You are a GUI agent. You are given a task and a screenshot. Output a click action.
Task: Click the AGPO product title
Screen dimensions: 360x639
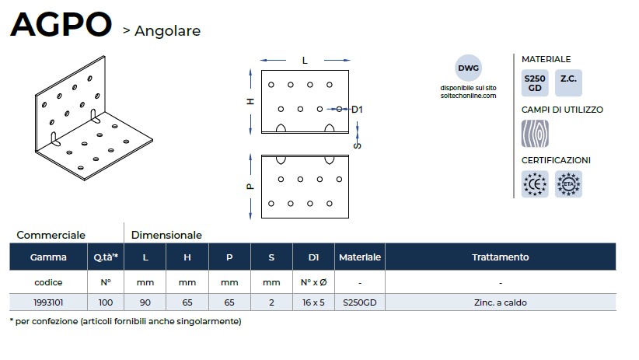coord(61,25)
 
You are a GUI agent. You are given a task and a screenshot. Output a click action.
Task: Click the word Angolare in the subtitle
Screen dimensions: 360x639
coord(167,31)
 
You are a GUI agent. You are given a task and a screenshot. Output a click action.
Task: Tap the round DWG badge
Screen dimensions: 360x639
coord(468,68)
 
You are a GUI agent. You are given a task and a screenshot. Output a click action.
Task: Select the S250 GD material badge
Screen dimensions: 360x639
coord(534,83)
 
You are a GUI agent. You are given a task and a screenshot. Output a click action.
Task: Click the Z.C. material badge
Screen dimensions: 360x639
coord(568,79)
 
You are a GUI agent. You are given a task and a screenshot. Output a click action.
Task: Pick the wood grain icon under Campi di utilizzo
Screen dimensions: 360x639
coord(534,133)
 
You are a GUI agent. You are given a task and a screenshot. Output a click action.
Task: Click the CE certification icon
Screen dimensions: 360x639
coord(534,183)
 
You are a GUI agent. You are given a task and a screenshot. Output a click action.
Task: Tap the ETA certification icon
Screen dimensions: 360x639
coord(568,183)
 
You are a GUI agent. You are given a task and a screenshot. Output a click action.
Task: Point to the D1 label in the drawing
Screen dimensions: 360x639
coord(357,110)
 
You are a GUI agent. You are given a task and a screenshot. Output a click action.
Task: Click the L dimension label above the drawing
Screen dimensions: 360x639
coord(304,60)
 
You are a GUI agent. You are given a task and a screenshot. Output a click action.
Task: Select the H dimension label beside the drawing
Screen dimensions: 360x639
coord(250,102)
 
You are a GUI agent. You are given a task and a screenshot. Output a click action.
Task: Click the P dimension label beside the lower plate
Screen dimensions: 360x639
coord(250,187)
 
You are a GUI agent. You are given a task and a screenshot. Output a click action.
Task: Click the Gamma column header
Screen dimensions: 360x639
coord(48,257)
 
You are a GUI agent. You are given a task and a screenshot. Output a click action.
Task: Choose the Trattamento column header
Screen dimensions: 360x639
coord(500,257)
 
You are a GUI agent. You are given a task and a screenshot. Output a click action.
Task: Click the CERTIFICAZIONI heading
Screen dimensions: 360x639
coord(556,160)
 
